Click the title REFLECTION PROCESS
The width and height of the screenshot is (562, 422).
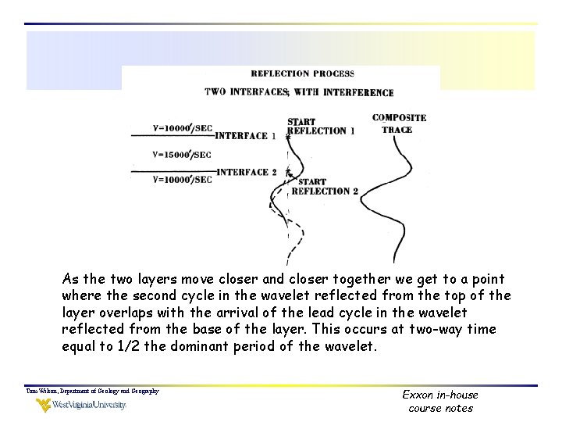point(302,74)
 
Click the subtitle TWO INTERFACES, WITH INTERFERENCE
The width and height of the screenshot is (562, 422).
point(299,92)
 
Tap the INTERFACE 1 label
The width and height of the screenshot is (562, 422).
point(246,136)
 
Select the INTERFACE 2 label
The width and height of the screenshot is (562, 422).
point(247,173)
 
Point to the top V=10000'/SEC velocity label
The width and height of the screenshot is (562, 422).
point(182,128)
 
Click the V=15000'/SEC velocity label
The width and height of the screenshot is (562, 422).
point(182,155)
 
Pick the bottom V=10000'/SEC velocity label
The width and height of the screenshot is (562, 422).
point(182,180)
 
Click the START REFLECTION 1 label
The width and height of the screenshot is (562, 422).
point(321,127)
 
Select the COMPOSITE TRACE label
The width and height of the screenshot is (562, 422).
point(399,123)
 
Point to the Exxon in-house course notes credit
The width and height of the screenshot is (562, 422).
point(440,401)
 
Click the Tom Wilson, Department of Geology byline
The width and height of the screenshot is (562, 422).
point(92,391)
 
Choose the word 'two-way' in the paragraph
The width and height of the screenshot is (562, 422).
point(439,328)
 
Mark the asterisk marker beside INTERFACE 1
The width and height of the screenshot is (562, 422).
point(286,137)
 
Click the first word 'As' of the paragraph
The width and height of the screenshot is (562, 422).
point(70,279)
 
